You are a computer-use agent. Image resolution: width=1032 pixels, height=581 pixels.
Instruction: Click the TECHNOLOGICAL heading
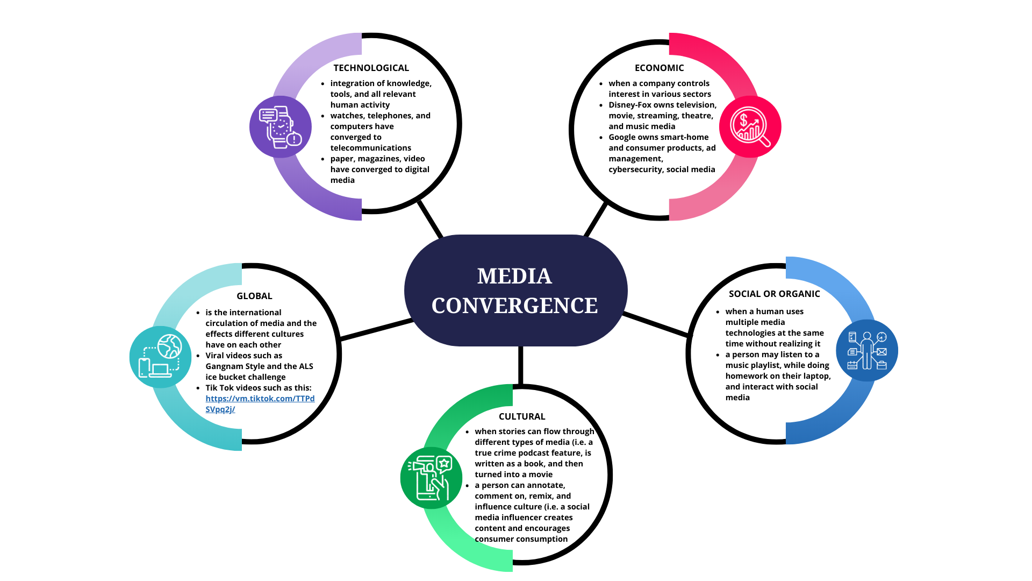(371, 68)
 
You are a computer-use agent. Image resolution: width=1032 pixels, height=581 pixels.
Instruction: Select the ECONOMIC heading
(659, 68)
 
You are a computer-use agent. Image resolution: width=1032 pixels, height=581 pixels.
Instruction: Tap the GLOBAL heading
(254, 296)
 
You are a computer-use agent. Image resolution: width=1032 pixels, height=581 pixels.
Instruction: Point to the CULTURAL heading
(522, 416)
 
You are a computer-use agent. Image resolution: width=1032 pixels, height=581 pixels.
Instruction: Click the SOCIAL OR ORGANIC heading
(774, 294)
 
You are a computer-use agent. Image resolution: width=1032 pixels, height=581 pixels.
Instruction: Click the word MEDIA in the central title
(514, 277)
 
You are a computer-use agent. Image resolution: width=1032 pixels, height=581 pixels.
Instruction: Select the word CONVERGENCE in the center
(514, 306)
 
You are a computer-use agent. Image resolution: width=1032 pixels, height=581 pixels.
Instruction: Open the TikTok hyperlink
(260, 399)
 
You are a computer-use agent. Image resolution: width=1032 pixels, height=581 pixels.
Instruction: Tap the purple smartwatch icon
(281, 127)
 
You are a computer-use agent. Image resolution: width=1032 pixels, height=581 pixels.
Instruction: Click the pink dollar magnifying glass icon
(750, 127)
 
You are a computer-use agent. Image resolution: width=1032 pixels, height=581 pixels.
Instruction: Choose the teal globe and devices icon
(160, 357)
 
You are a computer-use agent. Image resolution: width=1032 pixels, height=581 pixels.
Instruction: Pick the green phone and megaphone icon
(431, 478)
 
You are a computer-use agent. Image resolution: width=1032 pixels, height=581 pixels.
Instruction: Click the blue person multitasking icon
(866, 351)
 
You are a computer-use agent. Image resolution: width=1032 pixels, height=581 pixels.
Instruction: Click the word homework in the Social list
(747, 376)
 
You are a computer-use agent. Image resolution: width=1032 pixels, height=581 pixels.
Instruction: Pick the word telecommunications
(370, 148)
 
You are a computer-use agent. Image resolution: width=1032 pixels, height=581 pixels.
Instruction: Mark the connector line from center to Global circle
(376, 330)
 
